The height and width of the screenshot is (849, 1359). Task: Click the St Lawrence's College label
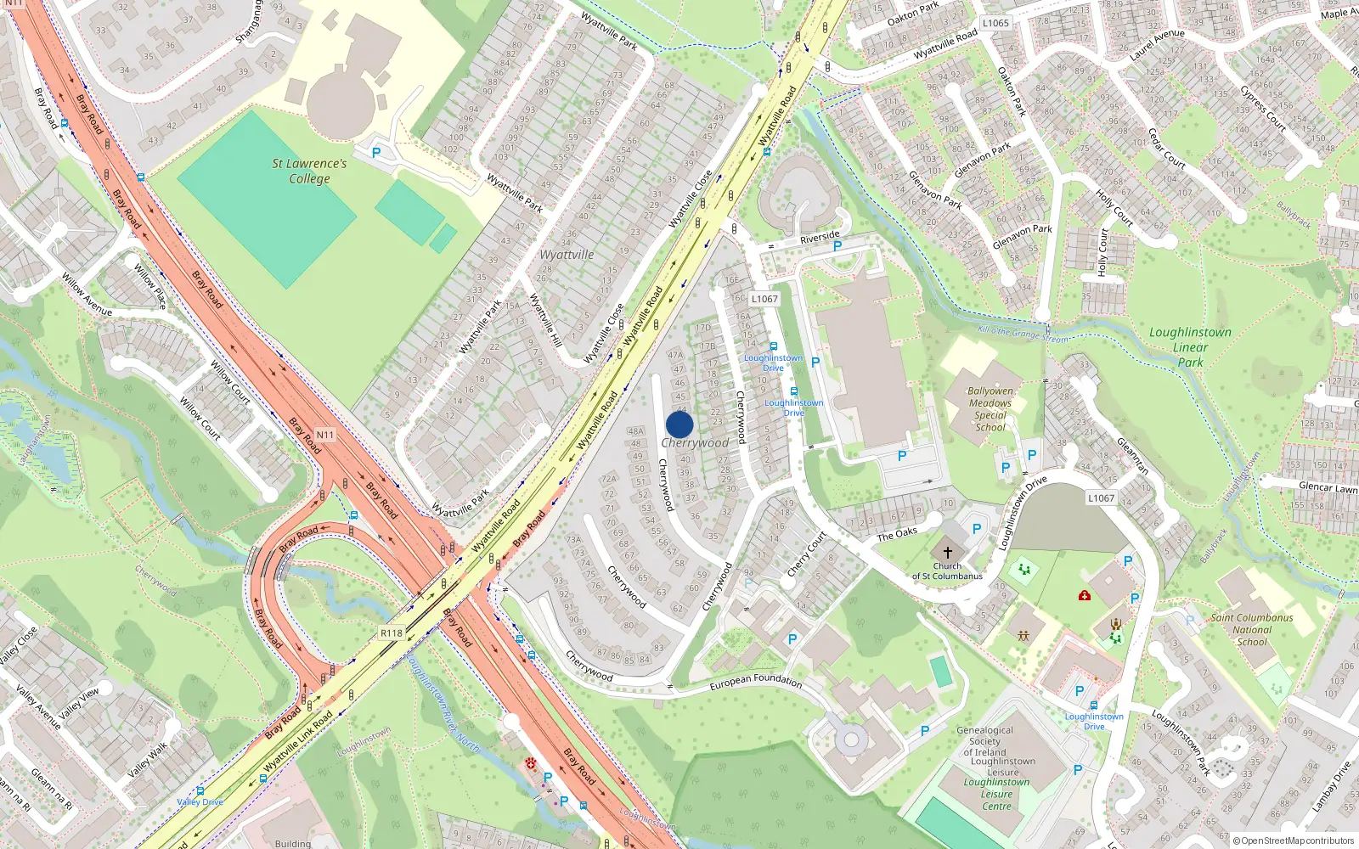(309, 171)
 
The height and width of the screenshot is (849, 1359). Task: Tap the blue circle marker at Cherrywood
(679, 424)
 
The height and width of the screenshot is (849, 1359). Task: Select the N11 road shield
(325, 435)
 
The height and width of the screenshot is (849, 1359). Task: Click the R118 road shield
(392, 633)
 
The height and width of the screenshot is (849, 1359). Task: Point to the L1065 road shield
(995, 23)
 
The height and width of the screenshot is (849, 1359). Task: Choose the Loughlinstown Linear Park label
(1190, 347)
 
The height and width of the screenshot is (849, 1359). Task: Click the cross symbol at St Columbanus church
(948, 552)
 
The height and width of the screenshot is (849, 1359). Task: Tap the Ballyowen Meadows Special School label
(990, 409)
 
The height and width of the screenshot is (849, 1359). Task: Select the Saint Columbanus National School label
(1252, 630)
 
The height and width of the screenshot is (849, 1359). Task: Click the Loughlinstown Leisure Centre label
(997, 794)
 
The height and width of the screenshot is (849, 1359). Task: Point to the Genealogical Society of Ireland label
(985, 741)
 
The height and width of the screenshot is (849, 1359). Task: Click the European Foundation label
(755, 680)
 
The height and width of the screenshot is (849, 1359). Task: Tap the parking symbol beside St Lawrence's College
(376, 153)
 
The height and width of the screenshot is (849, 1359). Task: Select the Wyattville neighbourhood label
(567, 255)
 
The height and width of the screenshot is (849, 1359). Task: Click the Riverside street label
(820, 238)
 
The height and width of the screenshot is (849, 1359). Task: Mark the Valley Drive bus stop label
(200, 801)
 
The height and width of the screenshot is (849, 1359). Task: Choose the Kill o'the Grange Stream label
(1023, 334)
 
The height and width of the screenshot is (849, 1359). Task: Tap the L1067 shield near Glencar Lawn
(1101, 498)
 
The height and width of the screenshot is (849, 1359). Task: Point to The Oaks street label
(897, 534)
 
